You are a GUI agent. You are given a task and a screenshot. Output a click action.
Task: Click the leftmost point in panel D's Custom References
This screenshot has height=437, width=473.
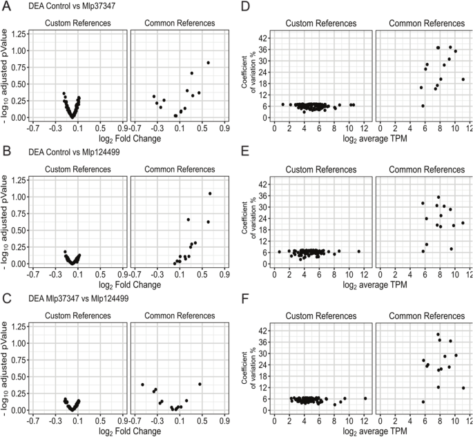(x=283, y=104)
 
